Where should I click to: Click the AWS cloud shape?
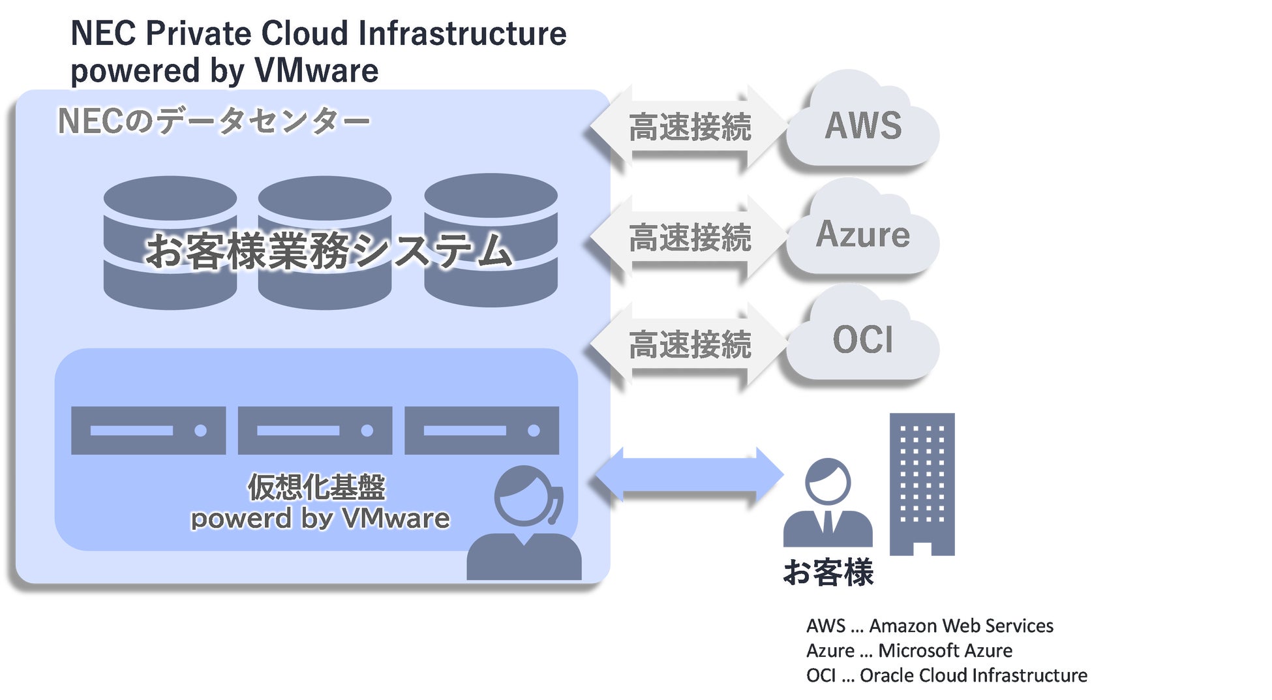pyautogui.click(x=862, y=124)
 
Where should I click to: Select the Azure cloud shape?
pyautogui.click(x=862, y=233)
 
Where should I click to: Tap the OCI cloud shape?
pyautogui.click(x=862, y=339)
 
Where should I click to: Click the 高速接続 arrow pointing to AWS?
pyautogui.click(x=689, y=127)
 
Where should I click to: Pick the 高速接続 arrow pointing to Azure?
pyautogui.click(x=689, y=236)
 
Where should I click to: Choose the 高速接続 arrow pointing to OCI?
pyautogui.click(x=689, y=344)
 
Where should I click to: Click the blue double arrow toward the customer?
pyautogui.click(x=689, y=475)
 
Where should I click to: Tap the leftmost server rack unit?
pyautogui.click(x=148, y=431)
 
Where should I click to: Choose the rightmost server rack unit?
pyautogui.click(x=481, y=431)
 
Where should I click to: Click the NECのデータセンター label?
pyautogui.click(x=214, y=121)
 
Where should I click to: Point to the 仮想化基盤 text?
pyautogui.click(x=317, y=487)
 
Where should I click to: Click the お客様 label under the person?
pyautogui.click(x=828, y=573)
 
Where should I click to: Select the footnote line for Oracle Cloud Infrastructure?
pyautogui.click(x=946, y=675)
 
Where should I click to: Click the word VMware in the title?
pyautogui.click(x=316, y=70)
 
